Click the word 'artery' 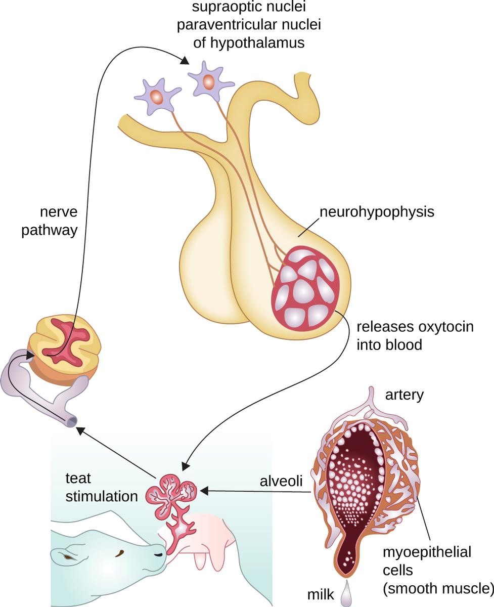click(x=403, y=394)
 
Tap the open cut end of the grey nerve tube click(x=71, y=420)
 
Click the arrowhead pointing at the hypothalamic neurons click(x=185, y=61)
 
